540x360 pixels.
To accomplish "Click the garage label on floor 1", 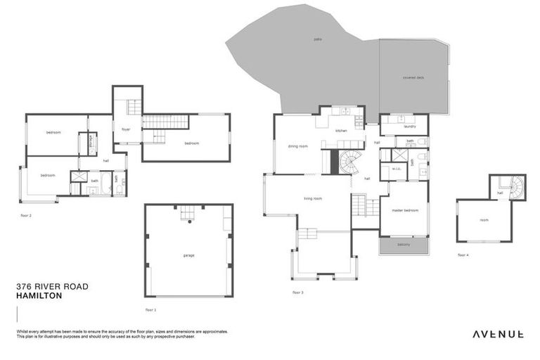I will pos(188,255).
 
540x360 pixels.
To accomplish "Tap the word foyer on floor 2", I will pos(127,129).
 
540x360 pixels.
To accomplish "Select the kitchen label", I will pos(341,131).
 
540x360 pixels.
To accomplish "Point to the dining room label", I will pos(298,146).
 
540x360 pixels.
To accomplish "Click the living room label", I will pos(313,199).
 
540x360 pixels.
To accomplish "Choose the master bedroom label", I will pos(405,210).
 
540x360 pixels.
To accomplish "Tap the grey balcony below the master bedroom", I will pos(404,245).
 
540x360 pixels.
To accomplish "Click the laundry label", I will pos(410,127).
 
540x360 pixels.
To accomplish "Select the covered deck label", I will pos(413,78).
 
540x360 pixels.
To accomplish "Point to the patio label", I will pos(317,39).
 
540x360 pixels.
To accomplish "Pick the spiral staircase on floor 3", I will pos(349,163).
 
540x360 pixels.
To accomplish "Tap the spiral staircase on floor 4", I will pos(516,187).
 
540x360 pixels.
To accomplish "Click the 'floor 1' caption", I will pos(150,309).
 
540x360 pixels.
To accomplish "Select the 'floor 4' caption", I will pos(463,255).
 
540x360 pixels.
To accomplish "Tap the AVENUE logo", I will pos(497,334).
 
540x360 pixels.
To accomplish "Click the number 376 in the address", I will pos(24,288).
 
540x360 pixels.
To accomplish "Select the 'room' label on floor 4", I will pos(484,220).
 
